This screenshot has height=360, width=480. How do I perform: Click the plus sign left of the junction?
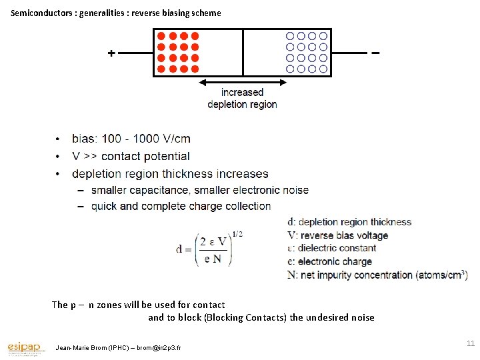[111, 53]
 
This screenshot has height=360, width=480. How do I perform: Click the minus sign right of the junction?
[375, 53]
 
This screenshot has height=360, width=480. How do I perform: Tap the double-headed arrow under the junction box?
[243, 83]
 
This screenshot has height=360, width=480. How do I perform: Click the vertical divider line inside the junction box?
[243, 53]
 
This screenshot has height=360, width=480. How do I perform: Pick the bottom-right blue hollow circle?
[323, 69]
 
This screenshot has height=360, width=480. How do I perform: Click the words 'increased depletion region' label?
[242, 98]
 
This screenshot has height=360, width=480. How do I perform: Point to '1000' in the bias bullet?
[147, 139]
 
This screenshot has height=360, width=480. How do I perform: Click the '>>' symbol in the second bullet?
[93, 157]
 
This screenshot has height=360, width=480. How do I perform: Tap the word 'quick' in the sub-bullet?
[105, 206]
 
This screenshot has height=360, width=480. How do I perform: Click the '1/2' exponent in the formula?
[237, 233]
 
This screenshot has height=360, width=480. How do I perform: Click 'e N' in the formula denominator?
[213, 259]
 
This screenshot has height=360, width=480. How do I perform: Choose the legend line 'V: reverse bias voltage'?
[337, 235]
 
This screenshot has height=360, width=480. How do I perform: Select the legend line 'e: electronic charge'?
[329, 261]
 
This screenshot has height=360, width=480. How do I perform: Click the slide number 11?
[470, 343]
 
